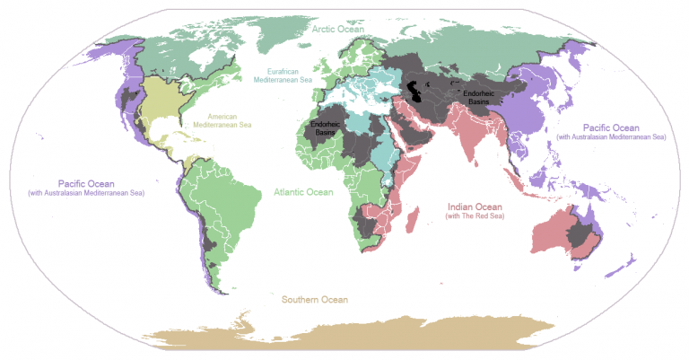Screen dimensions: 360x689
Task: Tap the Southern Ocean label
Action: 314,299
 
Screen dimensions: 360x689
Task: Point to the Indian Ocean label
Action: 479,205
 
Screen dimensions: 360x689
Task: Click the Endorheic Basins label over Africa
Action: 324,128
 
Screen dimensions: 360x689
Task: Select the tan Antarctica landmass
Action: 359,332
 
